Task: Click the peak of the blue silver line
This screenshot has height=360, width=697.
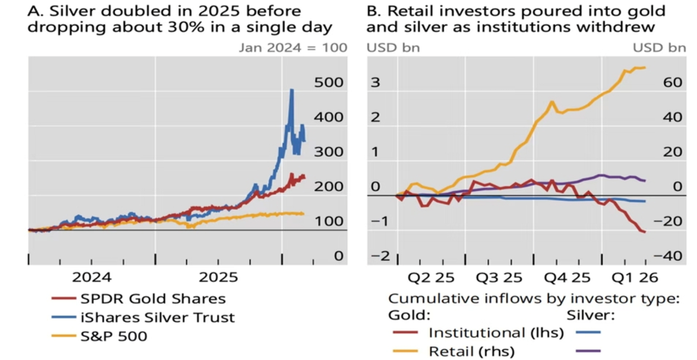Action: click(x=292, y=90)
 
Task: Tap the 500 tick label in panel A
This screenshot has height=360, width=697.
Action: click(x=328, y=83)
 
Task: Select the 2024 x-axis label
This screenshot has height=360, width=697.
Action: click(x=91, y=277)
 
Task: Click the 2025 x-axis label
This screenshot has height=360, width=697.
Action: click(x=218, y=277)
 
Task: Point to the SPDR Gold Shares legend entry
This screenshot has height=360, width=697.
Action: click(x=153, y=299)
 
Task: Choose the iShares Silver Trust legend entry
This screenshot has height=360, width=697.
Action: click(x=157, y=317)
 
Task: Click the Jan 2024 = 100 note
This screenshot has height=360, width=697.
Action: click(x=293, y=47)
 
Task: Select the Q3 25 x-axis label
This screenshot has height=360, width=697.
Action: click(x=499, y=278)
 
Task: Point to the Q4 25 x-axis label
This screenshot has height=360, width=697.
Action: click(x=567, y=278)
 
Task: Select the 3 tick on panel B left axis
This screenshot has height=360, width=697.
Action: click(x=374, y=83)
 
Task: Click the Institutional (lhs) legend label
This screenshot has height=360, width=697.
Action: click(x=496, y=333)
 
